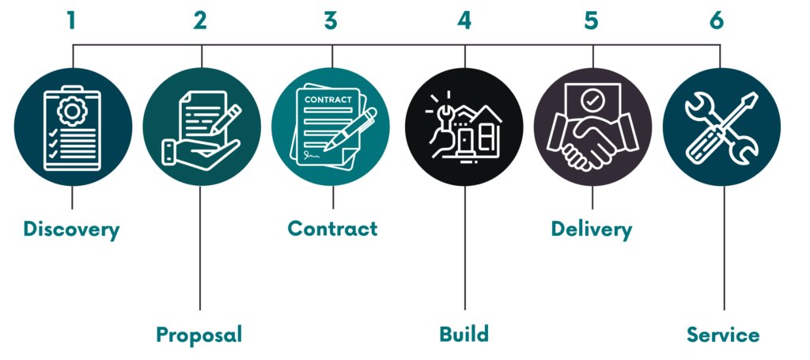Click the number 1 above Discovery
click(71, 19)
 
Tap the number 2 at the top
click(200, 19)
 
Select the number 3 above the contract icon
click(331, 19)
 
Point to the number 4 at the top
click(464, 19)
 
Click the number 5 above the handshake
click(592, 19)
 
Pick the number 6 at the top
click(717, 19)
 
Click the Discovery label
click(71, 230)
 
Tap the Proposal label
click(199, 334)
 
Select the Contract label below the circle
click(332, 229)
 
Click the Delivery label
click(592, 230)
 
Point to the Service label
click(723, 334)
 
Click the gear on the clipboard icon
click(72, 112)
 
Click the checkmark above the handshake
click(592, 100)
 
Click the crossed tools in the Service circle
click(721, 127)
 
